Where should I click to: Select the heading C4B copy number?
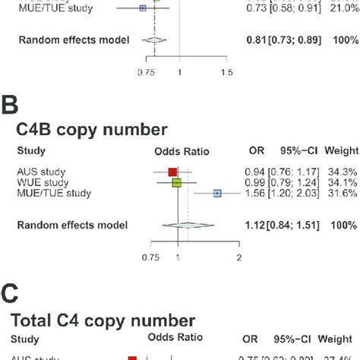pos(92,128)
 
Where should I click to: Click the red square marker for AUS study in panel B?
pos(172,172)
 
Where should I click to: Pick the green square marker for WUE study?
pos(176,182)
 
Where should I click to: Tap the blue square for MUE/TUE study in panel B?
pos(216,194)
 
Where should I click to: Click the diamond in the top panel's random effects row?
pos(155,40)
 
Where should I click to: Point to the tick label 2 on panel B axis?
pos(239,258)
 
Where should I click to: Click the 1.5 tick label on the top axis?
pos(226,72)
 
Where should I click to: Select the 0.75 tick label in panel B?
pos(150,258)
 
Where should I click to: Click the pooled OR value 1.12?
pos(257,225)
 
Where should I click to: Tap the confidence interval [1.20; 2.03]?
pos(295,194)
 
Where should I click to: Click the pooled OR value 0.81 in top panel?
pos(257,40)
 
